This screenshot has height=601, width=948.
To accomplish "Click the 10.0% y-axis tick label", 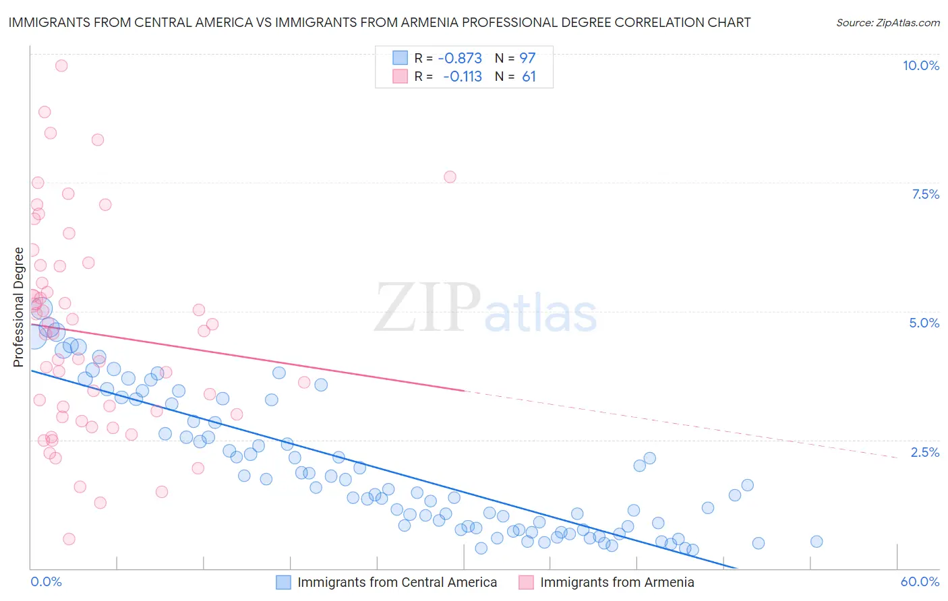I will pos(920,65).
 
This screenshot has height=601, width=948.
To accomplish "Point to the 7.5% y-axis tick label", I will pos(925,194).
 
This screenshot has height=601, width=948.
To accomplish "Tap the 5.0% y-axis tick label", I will pos(924,323).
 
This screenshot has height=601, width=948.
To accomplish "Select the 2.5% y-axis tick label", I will pos(924,452).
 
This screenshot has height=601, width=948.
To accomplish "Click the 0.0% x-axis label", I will pos(47,581).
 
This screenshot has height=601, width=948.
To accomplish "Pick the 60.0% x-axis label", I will pos(920,581).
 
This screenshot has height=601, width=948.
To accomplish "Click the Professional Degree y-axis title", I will pos(19,307).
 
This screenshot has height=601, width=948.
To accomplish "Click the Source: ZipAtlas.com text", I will pos(887,22).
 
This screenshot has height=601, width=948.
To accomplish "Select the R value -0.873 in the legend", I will pos(460,58).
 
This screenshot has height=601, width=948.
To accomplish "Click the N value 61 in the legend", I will pos(529,77).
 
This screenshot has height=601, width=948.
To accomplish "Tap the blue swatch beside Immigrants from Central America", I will pos(284,582).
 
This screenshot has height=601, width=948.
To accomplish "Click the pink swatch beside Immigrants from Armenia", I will pos(526,582).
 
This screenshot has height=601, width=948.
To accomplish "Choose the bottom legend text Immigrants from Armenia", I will pos(617,582).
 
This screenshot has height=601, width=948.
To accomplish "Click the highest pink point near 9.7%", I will pos(61,65).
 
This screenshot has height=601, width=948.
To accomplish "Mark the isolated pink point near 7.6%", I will pos(450,177).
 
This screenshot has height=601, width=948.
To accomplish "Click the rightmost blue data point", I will pos(817,542).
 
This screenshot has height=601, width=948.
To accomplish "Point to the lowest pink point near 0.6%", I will pos(69,539).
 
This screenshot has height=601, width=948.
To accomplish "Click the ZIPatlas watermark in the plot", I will pos(485,309).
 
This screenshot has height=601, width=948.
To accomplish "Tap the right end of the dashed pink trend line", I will pos(897,457).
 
